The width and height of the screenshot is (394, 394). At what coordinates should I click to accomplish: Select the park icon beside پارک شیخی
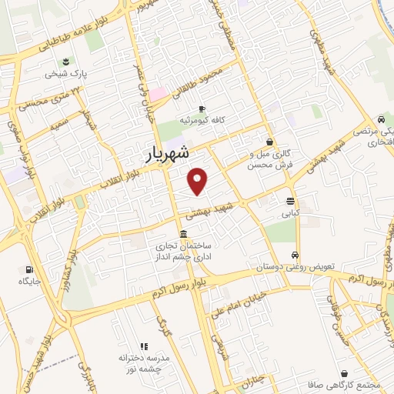pyautogui.click(x=64, y=62)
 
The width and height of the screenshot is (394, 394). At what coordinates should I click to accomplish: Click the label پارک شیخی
pyautogui.click(x=65, y=75)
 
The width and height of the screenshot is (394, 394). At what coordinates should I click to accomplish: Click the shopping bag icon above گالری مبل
pyautogui.click(x=269, y=142)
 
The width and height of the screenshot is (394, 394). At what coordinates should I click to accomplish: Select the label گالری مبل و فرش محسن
pyautogui.click(x=268, y=160)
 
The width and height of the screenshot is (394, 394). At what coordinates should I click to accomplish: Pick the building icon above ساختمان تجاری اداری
pyautogui.click(x=183, y=234)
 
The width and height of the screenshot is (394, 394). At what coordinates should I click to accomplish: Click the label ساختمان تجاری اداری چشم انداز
pyautogui.click(x=184, y=252)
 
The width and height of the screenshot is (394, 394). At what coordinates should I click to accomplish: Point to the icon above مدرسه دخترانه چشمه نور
pyautogui.click(x=143, y=347)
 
